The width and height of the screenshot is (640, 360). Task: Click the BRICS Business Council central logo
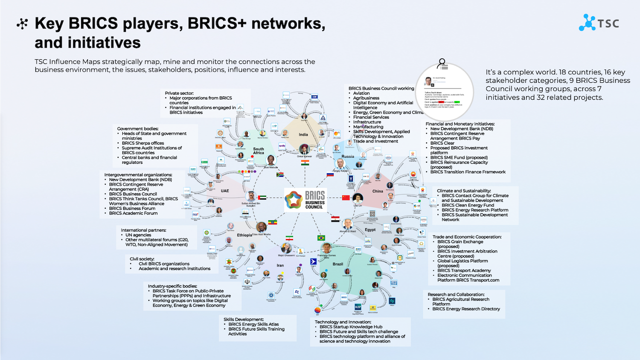pyautogui.click(x=305, y=200)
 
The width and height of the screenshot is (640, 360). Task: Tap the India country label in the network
pyautogui.click(x=303, y=134)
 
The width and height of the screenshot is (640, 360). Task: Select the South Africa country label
pyautogui.click(x=259, y=151)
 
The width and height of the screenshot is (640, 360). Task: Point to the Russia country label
pyautogui.click(x=348, y=156)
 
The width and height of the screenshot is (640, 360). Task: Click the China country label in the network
pyautogui.click(x=378, y=191)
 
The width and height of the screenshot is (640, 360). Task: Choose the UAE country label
pyautogui.click(x=225, y=191)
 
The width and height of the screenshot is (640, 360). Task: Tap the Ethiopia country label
pyautogui.click(x=244, y=235)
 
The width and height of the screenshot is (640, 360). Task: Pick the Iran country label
pyautogui.click(x=280, y=265)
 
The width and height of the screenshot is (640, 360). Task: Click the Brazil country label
pyautogui.click(x=338, y=264)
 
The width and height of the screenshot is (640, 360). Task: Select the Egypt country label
pyautogui.click(x=370, y=229)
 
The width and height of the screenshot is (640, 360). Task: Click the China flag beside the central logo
pyautogui.click(x=346, y=197)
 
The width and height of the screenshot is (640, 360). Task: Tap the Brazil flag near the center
pyautogui.click(x=321, y=238)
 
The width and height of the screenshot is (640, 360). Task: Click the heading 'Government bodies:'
pyautogui.click(x=137, y=128)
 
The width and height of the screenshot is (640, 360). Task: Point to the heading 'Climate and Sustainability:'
pyautogui.click(x=464, y=191)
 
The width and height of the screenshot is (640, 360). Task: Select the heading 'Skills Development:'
pyautogui.click(x=244, y=319)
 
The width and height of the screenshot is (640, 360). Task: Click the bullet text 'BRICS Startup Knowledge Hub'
pyautogui.click(x=351, y=327)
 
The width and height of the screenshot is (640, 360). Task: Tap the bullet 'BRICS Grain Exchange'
pyautogui.click(x=460, y=241)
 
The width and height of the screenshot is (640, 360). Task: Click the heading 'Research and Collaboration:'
pyautogui.click(x=456, y=294)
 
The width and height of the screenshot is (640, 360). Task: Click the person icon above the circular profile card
pyautogui.click(x=442, y=64)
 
